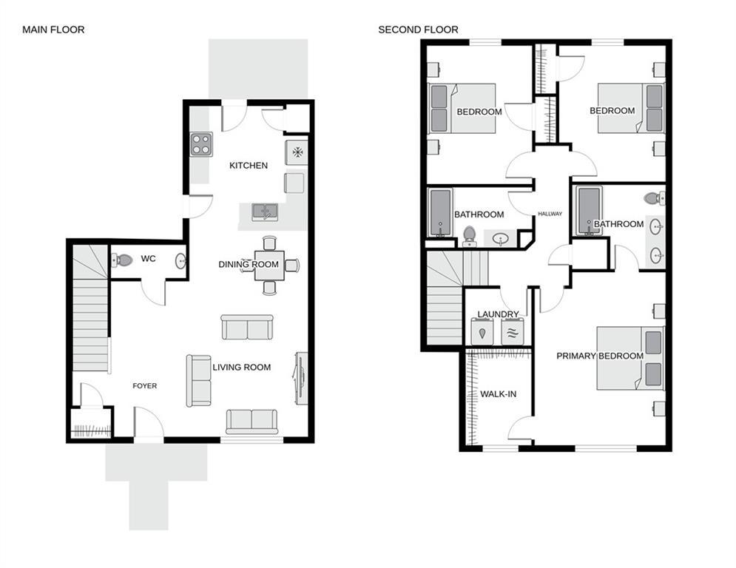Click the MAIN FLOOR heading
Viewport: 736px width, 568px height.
(53, 30)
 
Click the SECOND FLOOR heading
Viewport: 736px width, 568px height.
(418, 30)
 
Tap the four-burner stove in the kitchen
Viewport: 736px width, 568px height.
(200, 143)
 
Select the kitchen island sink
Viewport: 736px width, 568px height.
(264, 212)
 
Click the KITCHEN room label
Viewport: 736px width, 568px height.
(248, 166)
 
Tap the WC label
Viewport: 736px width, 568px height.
(148, 259)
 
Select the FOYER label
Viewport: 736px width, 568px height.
(144, 386)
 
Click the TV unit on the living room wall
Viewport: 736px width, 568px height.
(301, 378)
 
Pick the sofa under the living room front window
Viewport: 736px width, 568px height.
(251, 421)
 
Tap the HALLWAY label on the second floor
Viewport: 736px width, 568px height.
(550, 214)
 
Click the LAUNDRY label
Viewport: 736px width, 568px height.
(498, 314)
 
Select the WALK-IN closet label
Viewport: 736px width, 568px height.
(498, 394)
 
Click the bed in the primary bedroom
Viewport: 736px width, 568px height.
(630, 358)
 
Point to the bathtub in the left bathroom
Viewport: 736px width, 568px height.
(441, 213)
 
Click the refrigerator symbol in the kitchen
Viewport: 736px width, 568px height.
(297, 152)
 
